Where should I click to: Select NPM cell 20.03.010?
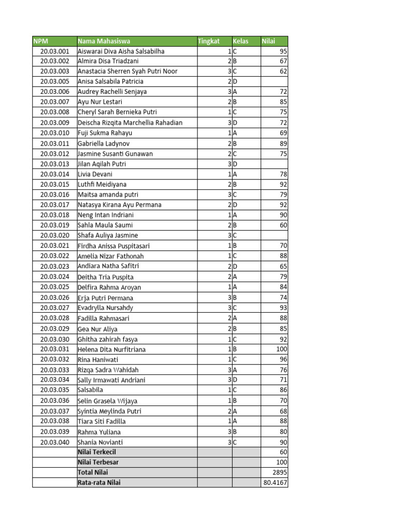(54, 133)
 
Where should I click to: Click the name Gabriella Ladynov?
(104, 143)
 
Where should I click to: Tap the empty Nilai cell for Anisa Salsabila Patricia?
(274, 81)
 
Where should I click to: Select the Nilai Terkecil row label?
(97, 452)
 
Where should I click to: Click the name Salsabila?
(90, 390)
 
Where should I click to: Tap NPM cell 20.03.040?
(54, 442)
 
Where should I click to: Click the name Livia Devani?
(95, 174)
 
